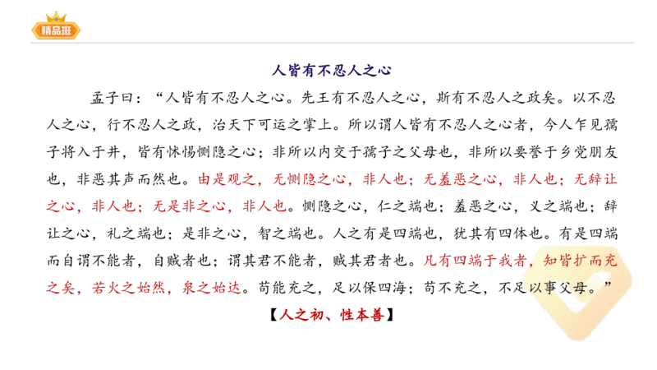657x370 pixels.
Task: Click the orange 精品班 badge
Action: tap(56, 31)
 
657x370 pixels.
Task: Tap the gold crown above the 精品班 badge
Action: tap(56, 16)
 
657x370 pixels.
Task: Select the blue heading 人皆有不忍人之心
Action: tap(332, 72)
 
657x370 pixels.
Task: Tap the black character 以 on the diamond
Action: tap(535, 288)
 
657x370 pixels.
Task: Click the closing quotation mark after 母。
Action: tap(609, 284)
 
